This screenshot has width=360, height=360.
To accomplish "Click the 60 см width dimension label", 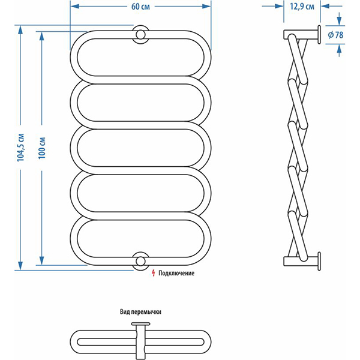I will tap(140, 7).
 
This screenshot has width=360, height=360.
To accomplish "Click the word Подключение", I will tap(177, 273).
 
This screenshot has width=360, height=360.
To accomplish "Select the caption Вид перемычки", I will tap(140, 312).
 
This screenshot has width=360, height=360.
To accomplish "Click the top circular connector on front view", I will tap(140, 34).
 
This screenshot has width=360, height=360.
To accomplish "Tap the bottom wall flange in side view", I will tap(319, 260).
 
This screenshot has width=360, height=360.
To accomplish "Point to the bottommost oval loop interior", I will tap(140, 238).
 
